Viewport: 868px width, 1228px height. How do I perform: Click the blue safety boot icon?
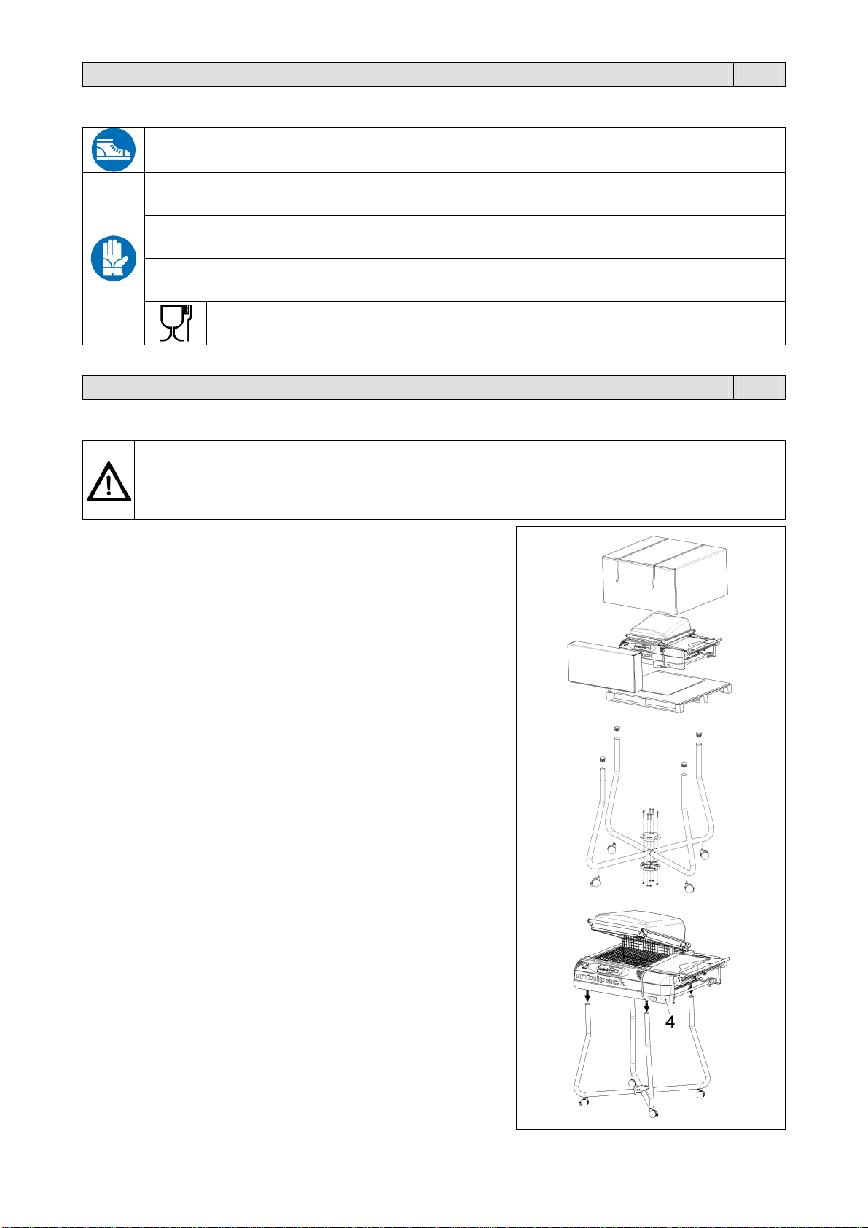(114, 149)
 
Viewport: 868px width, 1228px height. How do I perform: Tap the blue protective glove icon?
(114, 258)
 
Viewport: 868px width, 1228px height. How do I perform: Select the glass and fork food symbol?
(176, 324)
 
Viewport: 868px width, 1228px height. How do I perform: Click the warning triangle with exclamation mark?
(109, 481)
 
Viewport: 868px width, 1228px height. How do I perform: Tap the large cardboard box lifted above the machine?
(665, 574)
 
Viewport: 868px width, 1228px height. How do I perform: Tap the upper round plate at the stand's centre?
(650, 838)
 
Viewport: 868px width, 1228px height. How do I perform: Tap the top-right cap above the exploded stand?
(699, 734)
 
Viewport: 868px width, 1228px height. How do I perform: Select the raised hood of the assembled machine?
(636, 926)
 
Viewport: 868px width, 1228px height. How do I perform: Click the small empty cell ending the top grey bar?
(759, 74)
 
